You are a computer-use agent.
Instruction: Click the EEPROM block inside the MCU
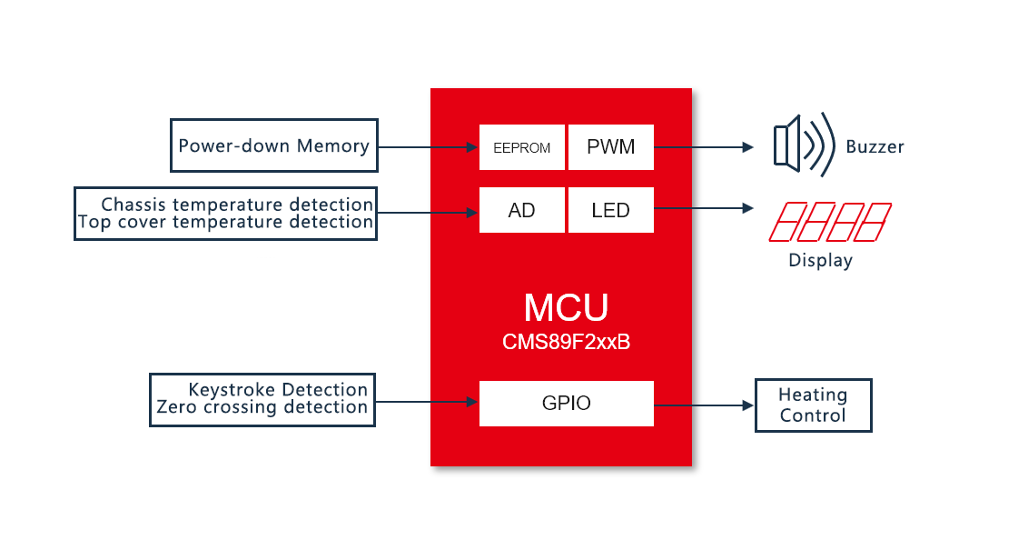coord(522,147)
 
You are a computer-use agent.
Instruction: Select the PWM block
coord(610,147)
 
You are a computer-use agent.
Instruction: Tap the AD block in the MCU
coord(522,211)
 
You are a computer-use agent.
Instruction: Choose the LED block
coord(610,211)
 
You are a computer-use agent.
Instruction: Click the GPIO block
coord(566,404)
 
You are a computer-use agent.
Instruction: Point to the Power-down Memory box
coord(273,145)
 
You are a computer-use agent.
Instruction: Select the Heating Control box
coord(813,405)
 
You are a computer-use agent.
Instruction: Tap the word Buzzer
coord(875,146)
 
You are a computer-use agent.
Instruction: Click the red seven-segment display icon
coord(830,222)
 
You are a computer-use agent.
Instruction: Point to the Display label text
coord(820,261)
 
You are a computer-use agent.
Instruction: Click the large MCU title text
coord(566,308)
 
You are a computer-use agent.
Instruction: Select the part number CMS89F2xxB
coord(566,343)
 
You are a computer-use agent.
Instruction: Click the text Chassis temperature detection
coord(237,205)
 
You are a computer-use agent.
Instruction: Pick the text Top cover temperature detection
coord(226,222)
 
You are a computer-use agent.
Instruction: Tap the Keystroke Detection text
coord(278,390)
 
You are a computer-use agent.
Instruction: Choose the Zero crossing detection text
coord(262,407)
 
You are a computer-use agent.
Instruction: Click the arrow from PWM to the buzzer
coord(704,147)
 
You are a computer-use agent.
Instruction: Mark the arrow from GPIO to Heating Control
coord(704,405)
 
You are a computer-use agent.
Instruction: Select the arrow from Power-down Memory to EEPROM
coord(428,147)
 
